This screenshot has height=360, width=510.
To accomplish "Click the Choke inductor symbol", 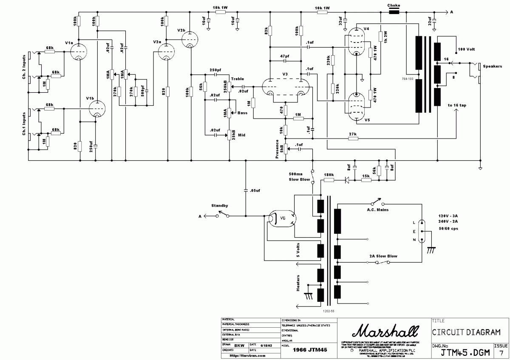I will tap(394, 12).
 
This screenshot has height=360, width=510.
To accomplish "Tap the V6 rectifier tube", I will tap(281, 219).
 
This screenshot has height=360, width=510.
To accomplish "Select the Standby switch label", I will tap(220, 206).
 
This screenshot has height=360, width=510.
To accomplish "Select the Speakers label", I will tap(492, 66).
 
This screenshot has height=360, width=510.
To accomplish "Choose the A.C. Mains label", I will tap(378, 210).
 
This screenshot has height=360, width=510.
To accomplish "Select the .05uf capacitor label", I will tap(255, 190).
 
